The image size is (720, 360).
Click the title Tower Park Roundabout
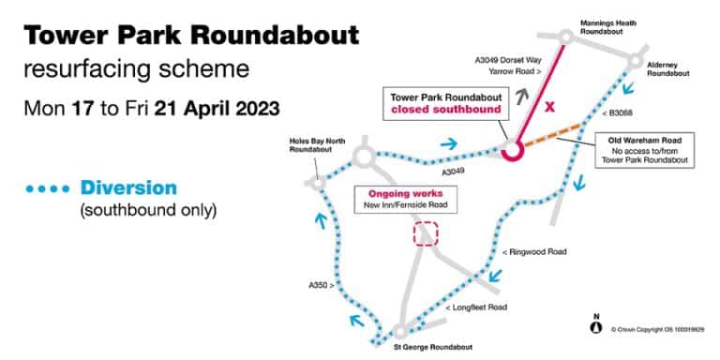click(191, 37)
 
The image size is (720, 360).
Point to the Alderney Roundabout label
click(667, 68)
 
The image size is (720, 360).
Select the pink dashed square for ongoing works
click(427, 233)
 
